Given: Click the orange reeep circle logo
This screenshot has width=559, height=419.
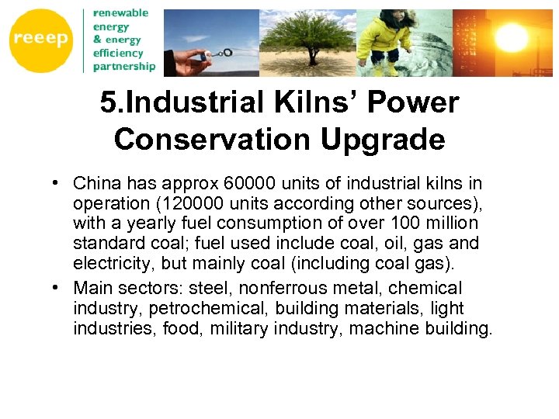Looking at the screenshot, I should (x=41, y=40).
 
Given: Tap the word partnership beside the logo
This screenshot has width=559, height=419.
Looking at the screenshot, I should (x=123, y=67).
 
